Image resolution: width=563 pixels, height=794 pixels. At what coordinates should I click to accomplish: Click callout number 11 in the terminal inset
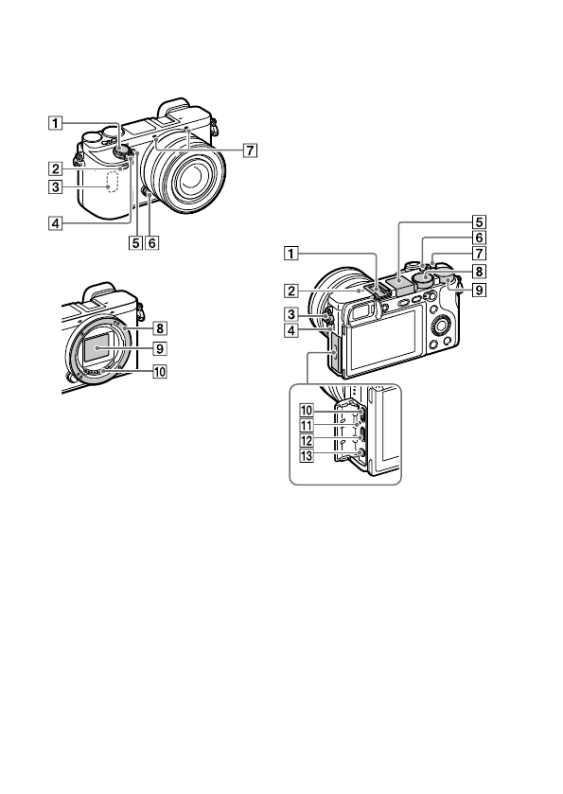[307, 425]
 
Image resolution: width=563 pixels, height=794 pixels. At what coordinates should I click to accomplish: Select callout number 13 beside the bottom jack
[307, 456]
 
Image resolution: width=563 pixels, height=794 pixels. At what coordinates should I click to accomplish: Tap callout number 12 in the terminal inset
[307, 441]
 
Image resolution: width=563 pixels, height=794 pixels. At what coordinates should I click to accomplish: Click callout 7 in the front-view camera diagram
[250, 150]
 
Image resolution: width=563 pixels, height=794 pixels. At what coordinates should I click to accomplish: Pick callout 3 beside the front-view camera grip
[55, 186]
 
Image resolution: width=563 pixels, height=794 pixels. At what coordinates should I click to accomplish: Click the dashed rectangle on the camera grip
[113, 182]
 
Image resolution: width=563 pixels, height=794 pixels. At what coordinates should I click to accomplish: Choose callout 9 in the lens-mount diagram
[160, 349]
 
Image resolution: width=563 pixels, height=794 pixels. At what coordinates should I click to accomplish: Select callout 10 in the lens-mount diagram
[160, 372]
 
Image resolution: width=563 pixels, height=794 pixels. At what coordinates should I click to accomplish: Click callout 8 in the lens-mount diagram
[160, 328]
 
